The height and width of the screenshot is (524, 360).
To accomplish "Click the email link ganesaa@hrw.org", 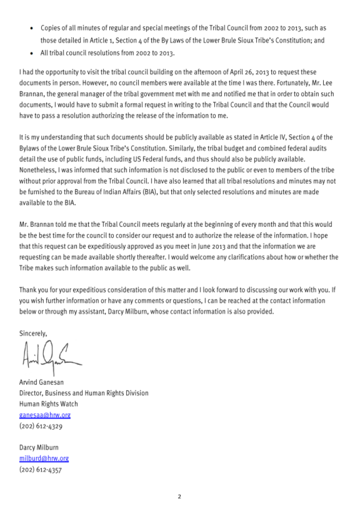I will click(x=45, y=415).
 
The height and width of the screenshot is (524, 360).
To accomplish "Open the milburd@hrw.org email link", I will click(x=44, y=458).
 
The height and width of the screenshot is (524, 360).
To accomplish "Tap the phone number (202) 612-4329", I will click(x=41, y=426).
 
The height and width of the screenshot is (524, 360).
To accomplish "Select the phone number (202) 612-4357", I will click(x=40, y=469).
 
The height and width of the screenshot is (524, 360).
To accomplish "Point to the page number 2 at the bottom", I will click(x=179, y=496).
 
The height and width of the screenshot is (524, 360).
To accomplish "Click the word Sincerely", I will click(x=33, y=333).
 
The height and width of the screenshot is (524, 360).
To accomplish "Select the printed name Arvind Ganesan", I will click(x=41, y=382).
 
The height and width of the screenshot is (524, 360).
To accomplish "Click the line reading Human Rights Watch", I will click(x=48, y=404).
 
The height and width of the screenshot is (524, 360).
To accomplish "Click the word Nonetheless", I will click(x=37, y=170).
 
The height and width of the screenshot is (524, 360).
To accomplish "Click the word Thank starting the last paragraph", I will click(x=27, y=290).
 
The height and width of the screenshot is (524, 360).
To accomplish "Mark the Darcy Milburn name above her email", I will click(x=39, y=448).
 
